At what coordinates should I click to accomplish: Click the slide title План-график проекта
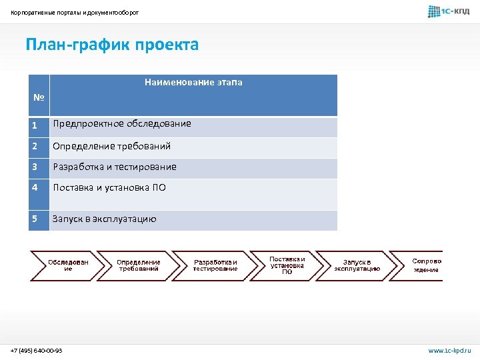coord(112,45)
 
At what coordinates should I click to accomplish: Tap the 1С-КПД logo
coord(449,11)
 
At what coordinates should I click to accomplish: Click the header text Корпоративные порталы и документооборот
coord(75,12)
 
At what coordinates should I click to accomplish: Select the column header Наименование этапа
coord(193,83)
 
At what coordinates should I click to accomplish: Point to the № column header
coord(39,98)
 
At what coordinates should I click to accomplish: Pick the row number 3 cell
coord(39,167)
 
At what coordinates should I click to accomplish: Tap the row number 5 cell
coord(39,219)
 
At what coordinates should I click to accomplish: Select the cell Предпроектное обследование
coord(122,124)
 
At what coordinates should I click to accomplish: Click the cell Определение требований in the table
coord(112,146)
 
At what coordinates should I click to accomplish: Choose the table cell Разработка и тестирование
coord(115,167)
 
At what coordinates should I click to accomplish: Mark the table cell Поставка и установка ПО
coord(109,188)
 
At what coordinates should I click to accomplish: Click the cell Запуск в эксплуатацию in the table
coord(105,219)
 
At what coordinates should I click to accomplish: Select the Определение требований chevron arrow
coord(139,265)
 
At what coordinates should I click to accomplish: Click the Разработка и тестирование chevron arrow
coord(215,265)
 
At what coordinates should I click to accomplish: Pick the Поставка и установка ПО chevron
coord(287,265)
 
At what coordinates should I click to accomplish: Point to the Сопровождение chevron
coord(424,265)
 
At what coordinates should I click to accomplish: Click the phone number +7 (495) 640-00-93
coord(37,351)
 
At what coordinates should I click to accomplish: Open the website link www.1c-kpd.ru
coord(449,351)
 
